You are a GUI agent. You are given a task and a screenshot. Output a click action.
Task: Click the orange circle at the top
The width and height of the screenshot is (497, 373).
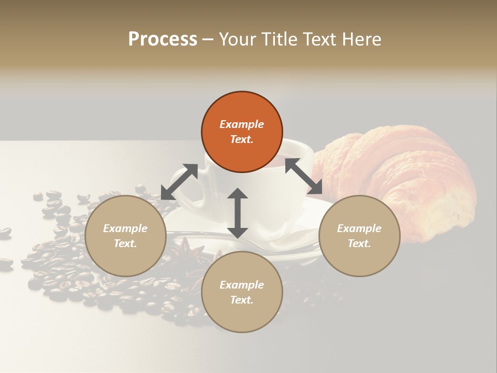tap(242, 132)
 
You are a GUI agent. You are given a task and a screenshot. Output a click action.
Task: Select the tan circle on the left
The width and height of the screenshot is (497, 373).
tap(125, 236)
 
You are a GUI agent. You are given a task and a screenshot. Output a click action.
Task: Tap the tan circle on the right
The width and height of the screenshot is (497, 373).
tap(359, 236)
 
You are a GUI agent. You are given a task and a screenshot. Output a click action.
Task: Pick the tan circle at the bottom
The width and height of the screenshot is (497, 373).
tap(242, 292)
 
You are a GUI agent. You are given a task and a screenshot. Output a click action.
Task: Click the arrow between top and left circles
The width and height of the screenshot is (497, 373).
tap(179, 182)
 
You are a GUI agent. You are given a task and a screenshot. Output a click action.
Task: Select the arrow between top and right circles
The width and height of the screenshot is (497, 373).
tap(303, 176)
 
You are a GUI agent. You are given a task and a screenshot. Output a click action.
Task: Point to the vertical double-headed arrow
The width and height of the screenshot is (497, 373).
tap(238, 213)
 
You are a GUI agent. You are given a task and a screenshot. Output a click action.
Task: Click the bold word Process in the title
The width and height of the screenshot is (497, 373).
tap(163, 39)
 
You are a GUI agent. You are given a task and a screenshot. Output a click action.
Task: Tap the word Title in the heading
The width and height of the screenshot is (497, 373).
tap(279, 39)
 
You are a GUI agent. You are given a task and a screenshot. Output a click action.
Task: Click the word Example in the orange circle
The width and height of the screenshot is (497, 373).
tap(242, 124)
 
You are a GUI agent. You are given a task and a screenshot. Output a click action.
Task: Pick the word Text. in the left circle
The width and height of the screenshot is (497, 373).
tap(125, 243)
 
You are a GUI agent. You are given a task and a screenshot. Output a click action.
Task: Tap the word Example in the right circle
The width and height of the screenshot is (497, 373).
tap(359, 228)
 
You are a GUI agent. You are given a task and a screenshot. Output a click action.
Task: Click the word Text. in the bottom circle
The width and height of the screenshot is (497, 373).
tap(242, 300)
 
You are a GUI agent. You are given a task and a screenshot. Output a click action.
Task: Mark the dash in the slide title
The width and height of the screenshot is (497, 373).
tap(208, 39)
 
